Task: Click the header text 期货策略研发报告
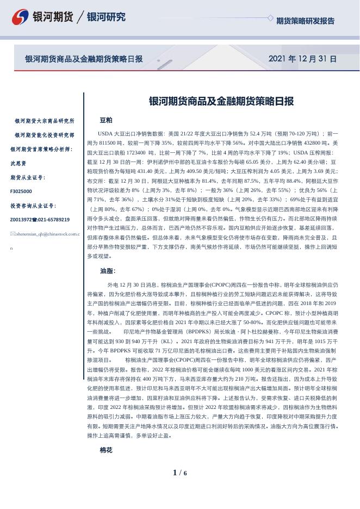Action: tap(305, 21)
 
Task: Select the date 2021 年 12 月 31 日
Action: tap(302, 59)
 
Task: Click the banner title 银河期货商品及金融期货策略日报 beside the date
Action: tap(84, 59)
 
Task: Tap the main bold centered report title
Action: tap(221, 101)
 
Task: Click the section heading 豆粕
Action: tap(106, 120)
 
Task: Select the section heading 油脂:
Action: tap(108, 270)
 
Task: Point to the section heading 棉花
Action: tap(106, 450)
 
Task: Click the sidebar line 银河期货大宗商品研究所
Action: tap(45, 121)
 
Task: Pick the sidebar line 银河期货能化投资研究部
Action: tap(45, 135)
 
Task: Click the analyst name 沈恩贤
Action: tap(18, 163)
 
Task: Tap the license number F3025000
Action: tap(21, 191)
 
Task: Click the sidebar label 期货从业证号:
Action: tap(28, 177)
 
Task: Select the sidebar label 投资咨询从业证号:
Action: tap(33, 206)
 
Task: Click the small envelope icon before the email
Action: tap(13, 234)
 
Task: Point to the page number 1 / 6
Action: tap(179, 473)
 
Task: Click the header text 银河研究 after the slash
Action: tap(106, 17)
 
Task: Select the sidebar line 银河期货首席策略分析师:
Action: tap(41, 149)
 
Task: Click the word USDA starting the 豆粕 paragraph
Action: tap(105, 133)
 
